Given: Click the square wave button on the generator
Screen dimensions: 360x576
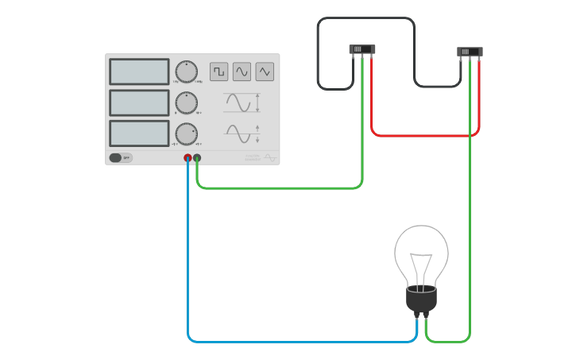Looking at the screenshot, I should (x=218, y=72).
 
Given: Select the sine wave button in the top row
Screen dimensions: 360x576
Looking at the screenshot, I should (x=242, y=72).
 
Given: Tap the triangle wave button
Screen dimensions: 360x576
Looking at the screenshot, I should (x=265, y=72).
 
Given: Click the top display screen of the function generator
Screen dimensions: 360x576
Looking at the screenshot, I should (x=139, y=72).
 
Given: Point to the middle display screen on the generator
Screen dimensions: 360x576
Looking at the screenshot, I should (x=139, y=103).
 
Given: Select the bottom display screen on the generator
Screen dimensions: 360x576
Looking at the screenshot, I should (x=139, y=133).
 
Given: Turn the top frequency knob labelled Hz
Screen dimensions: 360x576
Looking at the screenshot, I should (x=186, y=72).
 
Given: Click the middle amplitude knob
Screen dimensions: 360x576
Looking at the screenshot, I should (x=186, y=103).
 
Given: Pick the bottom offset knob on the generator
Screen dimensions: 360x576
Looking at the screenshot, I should (x=186, y=133).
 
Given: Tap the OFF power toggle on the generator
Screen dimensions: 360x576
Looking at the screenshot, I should (x=120, y=157).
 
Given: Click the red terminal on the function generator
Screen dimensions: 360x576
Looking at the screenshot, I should (x=188, y=158).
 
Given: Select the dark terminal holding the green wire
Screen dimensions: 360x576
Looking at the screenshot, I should (x=197, y=158).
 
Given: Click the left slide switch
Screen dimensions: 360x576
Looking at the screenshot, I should (x=361, y=49).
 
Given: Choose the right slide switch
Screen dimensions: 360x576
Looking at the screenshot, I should (x=470, y=52).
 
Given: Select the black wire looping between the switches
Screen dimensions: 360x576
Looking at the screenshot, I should (x=365, y=18).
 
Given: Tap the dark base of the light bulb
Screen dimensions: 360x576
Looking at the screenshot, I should (x=421, y=299).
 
